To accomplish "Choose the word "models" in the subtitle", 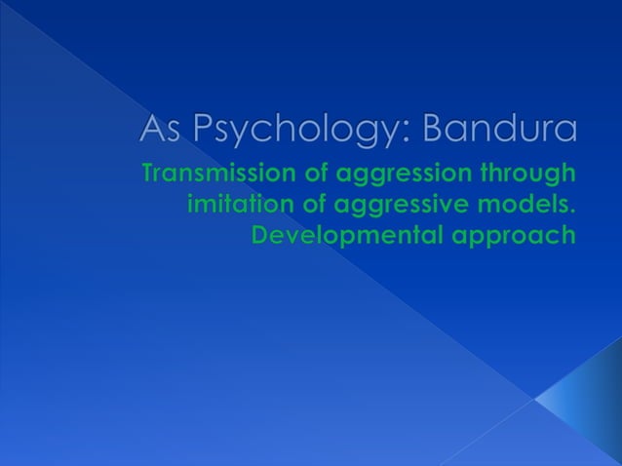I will click(x=530, y=206).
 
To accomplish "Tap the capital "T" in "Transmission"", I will click(x=148, y=175).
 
